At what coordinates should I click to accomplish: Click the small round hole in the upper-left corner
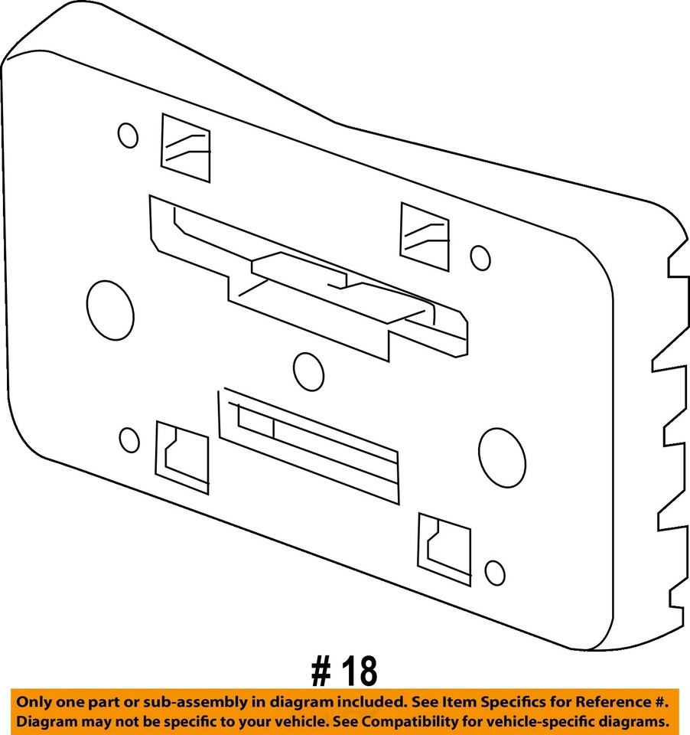tap(128, 136)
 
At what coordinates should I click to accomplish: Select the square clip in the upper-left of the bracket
tap(185, 149)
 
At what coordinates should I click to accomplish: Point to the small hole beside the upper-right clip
tap(480, 258)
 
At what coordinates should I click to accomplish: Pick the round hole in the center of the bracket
tap(308, 371)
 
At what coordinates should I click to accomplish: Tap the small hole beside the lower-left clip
tap(130, 439)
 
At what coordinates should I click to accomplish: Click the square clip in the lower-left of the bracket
tap(182, 457)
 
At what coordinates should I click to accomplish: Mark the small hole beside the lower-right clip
tap(495, 573)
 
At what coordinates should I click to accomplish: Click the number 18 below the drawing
tap(358, 671)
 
